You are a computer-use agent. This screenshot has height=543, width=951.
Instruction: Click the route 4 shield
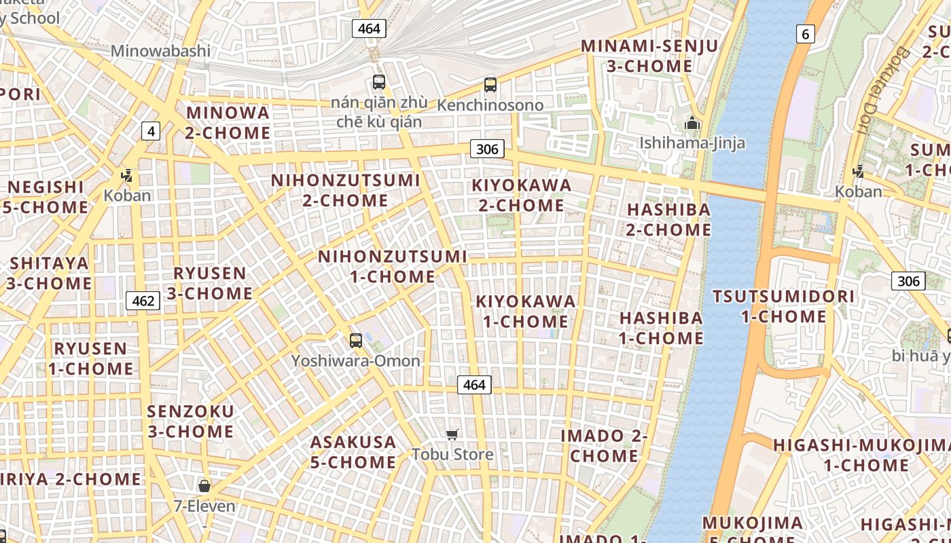[x=151, y=131]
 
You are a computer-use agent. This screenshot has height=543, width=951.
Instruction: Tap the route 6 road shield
[x=805, y=34]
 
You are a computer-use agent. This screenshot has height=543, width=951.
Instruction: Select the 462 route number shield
[x=143, y=300]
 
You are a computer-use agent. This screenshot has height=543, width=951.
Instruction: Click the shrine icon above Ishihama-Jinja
[x=692, y=123]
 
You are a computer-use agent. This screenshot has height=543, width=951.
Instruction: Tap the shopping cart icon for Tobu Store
[x=452, y=434]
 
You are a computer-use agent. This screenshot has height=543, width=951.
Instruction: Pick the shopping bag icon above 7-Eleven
[x=204, y=486]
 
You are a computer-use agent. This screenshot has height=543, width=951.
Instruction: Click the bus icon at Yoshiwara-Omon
[x=355, y=341]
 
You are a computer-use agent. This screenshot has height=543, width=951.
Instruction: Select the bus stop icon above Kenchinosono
[x=490, y=85]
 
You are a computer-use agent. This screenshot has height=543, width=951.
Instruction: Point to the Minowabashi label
[x=160, y=51]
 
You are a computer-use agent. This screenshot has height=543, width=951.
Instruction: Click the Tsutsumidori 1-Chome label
[x=783, y=306]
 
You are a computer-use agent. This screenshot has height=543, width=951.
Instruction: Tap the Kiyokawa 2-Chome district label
[x=522, y=195]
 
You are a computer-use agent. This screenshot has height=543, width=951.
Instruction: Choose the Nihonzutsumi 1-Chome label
[x=393, y=266]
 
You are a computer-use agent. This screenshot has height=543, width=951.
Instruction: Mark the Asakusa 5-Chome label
[x=353, y=452]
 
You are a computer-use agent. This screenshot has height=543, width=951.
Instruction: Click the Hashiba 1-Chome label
[x=660, y=328]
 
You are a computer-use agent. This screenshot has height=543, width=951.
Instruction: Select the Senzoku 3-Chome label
[x=191, y=421]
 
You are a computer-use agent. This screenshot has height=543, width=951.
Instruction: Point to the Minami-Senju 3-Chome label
[x=649, y=56]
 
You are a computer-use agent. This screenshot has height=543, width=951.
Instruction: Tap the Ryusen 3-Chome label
[x=210, y=283]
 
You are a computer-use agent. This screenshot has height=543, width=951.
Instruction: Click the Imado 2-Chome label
[x=604, y=445]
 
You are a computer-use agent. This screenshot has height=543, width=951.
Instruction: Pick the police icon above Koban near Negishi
[x=126, y=176]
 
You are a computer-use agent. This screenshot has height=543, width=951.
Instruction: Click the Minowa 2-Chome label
[x=228, y=123]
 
